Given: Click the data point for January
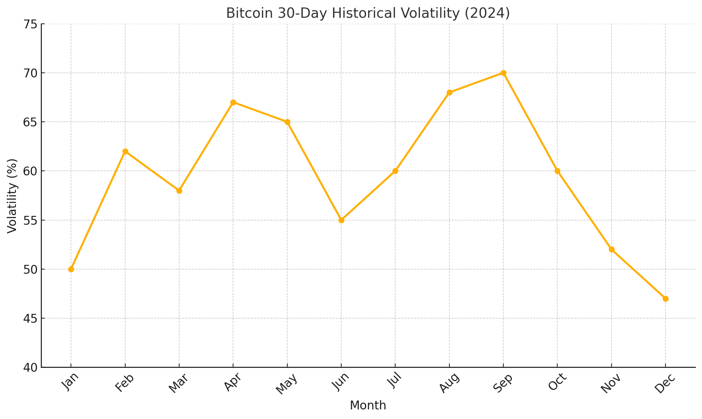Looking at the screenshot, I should click(71, 269).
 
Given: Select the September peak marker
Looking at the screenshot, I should click(503, 73).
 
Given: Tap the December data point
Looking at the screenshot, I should click(665, 299).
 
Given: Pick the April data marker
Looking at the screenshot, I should click(233, 102).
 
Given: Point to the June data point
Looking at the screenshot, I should click(341, 220).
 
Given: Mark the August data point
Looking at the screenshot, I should click(449, 92).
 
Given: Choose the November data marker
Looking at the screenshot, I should click(612, 249).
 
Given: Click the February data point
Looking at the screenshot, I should click(125, 151).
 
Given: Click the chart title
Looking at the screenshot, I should click(368, 13).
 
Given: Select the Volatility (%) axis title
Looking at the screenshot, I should click(12, 196).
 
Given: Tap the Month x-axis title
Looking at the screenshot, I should click(368, 406).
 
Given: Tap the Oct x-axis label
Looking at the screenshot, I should click(555, 383).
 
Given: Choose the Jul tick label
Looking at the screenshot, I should click(394, 382).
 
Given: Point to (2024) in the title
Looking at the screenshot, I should click(490, 13).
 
